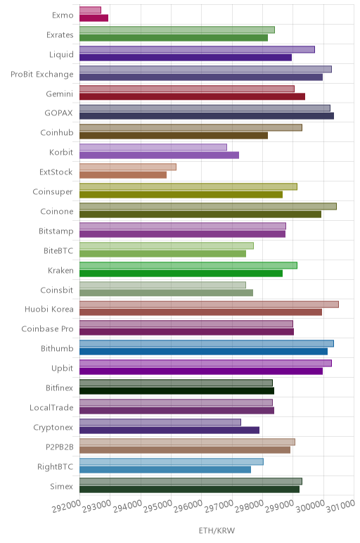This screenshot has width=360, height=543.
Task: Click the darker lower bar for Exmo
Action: click(94, 18)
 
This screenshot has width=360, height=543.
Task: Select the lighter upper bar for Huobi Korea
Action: click(209, 305)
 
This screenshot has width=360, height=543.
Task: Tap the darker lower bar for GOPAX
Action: click(207, 116)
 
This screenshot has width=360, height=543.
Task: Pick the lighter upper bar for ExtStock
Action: click(128, 167)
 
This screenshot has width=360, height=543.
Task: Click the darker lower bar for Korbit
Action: click(159, 155)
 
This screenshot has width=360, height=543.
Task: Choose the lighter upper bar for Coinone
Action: click(208, 206)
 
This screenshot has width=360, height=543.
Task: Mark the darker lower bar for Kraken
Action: click(181, 273)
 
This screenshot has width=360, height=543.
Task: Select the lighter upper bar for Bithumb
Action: click(207, 343)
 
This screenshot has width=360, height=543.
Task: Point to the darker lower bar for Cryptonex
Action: click(169, 430)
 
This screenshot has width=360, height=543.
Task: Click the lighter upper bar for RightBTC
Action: click(172, 461)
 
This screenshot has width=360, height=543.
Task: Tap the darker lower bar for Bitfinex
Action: click(177, 391)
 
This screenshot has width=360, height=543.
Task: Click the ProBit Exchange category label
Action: click(42, 75)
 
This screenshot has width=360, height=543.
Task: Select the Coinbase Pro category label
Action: click(47, 328)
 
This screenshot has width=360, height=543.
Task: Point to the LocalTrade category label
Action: click(51, 407)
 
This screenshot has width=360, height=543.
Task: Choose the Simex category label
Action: click(62, 486)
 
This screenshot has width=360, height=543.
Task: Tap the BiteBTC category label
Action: click(58, 250)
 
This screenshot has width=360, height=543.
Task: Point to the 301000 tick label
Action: click(340, 506)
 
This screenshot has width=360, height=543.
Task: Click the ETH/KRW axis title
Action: click(217, 530)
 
